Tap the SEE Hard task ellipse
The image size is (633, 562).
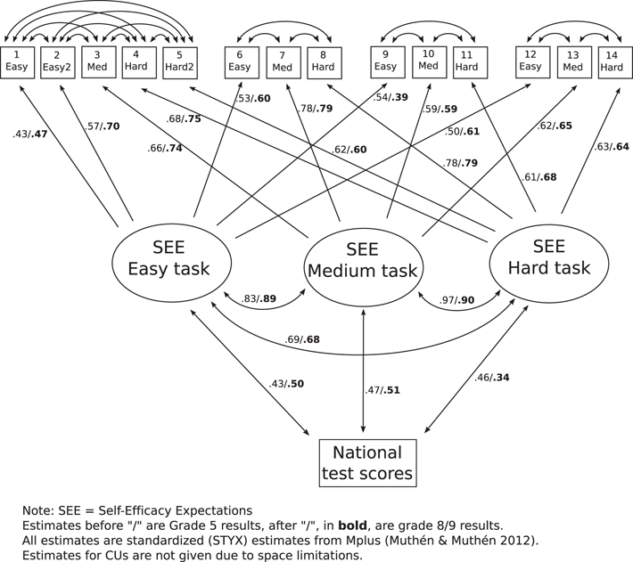click(549, 257)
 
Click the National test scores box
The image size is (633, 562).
click(367, 463)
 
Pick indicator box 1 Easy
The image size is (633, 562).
click(16, 61)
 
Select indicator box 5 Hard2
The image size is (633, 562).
click(179, 61)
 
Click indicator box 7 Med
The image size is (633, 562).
click(283, 61)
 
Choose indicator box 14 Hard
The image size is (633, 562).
click(615, 61)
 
